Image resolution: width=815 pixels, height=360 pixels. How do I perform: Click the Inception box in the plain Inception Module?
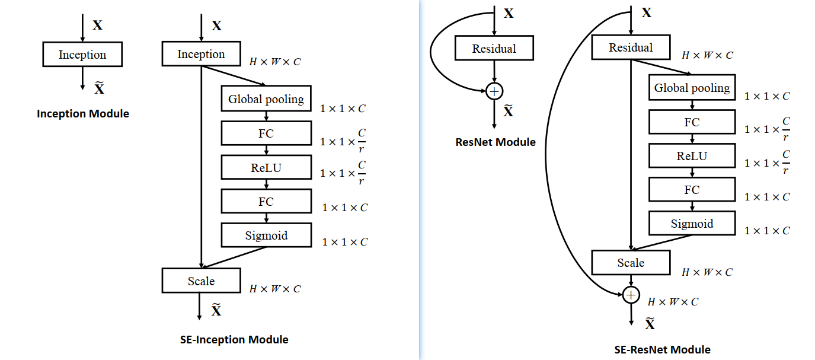coord(82,55)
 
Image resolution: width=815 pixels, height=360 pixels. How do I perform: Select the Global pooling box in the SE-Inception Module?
coord(266,99)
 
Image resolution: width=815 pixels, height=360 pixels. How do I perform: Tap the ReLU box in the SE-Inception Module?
coord(266,167)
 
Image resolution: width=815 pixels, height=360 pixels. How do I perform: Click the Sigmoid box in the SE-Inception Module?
coord(266,235)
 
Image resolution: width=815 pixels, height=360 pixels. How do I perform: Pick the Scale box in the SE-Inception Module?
coord(201,281)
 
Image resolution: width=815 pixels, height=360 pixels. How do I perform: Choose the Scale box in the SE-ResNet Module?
coord(631,262)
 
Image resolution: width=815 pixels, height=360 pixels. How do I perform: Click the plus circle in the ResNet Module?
coord(494,91)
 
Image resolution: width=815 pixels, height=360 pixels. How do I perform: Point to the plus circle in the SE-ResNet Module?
coord(631,295)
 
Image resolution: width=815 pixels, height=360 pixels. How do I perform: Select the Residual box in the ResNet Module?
coord(494,49)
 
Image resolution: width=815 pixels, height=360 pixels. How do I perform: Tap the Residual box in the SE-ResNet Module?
coord(631,47)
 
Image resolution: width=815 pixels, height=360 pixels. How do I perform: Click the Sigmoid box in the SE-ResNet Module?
coord(692,224)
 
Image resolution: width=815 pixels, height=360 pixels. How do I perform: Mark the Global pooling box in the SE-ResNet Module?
coord(692,88)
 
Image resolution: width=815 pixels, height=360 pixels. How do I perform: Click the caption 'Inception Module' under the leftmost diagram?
coord(83,113)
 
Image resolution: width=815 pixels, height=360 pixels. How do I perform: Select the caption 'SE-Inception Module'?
coord(234,340)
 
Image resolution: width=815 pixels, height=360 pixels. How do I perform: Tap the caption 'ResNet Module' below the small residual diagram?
coord(496,142)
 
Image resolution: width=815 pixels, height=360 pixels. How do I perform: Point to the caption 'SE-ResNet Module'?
coord(663,349)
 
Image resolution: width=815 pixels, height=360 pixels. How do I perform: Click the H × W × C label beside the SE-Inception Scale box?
coord(275,289)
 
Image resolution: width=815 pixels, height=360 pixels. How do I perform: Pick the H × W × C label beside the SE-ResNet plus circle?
coord(673,302)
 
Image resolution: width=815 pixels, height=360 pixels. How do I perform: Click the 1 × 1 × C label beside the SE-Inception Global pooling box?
coord(343,109)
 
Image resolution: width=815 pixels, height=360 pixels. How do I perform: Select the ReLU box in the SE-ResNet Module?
coord(692,156)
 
